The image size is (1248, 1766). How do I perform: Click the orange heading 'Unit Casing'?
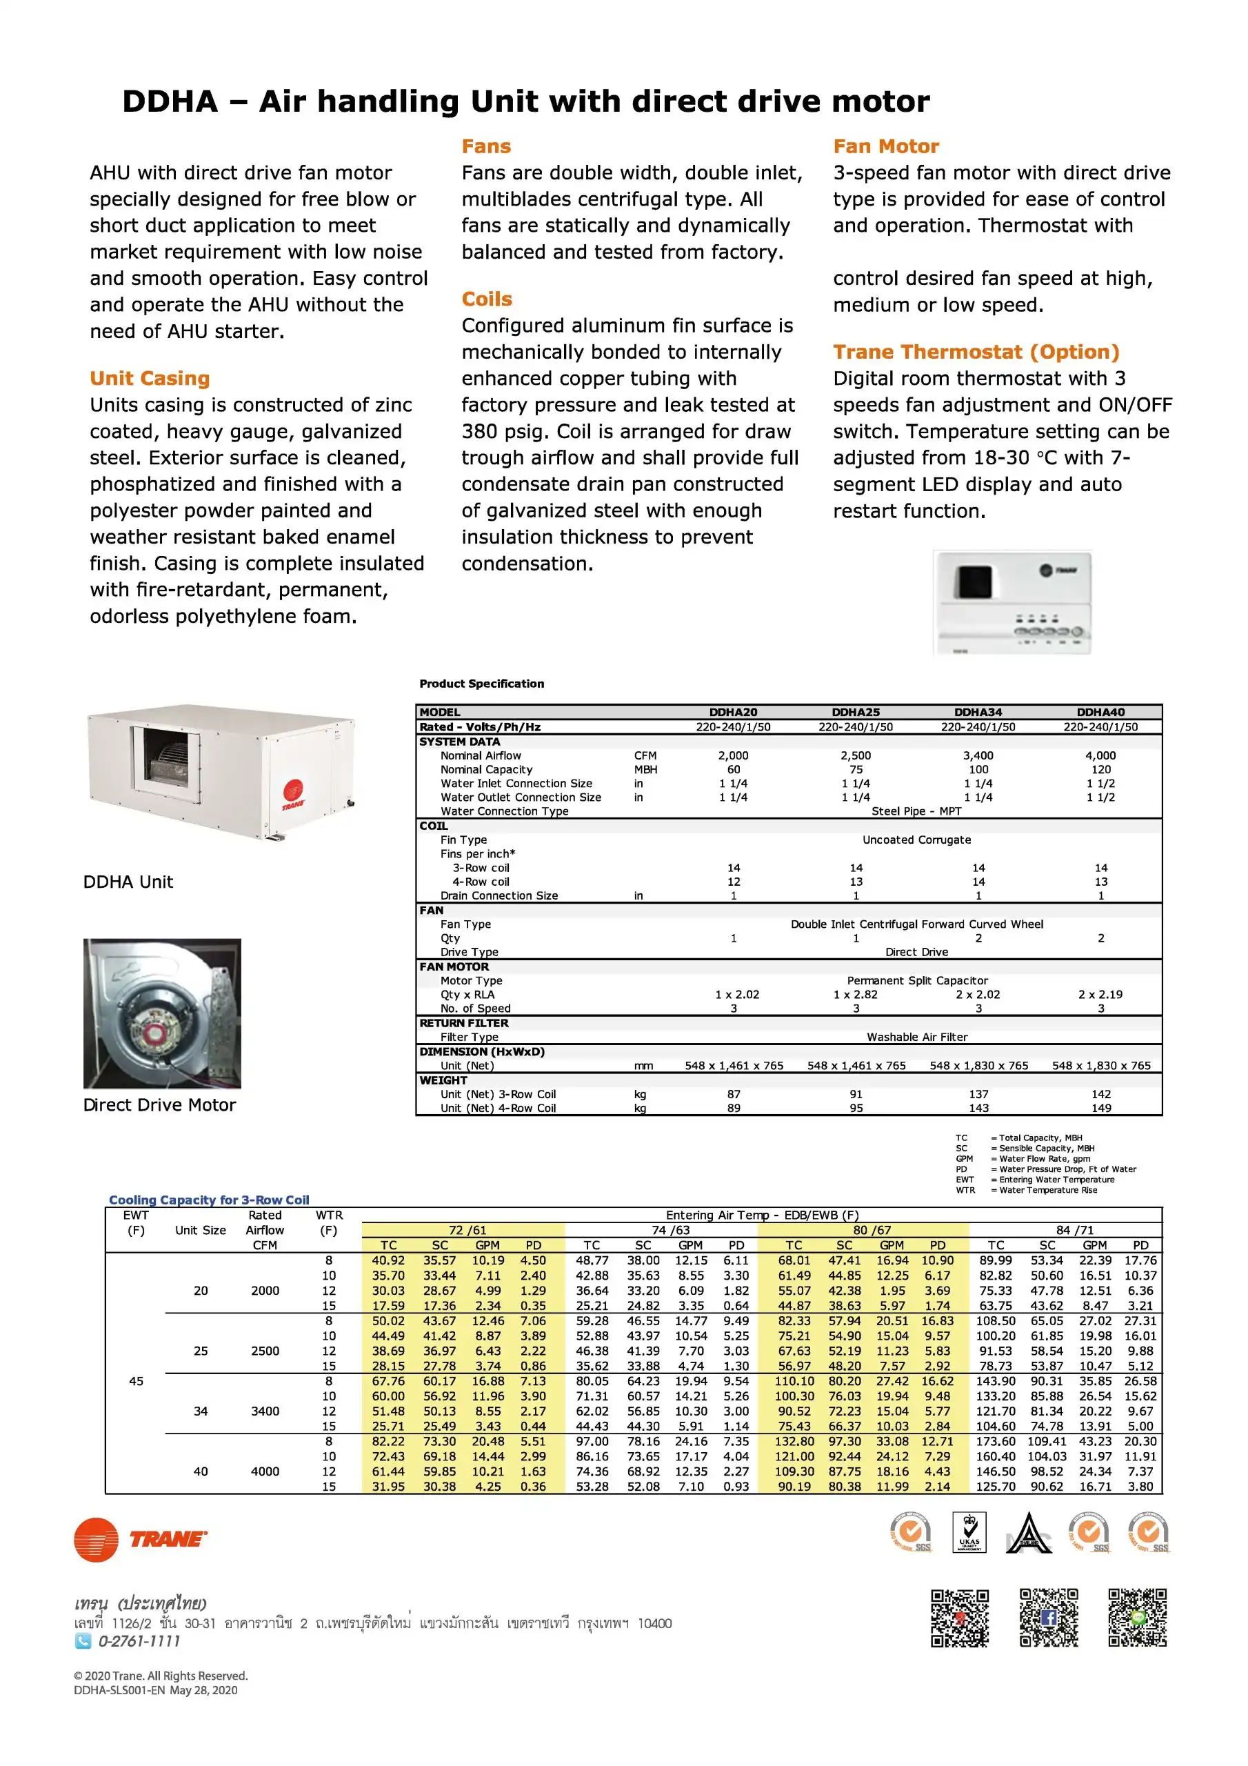150,379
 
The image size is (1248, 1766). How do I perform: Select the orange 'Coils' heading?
487,299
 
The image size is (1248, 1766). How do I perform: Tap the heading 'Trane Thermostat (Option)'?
976,353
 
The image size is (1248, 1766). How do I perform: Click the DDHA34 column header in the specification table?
978,712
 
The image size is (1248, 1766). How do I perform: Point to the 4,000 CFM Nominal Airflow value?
1100,756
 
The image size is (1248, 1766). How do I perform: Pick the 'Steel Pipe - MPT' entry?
916,811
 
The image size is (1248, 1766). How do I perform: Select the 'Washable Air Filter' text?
916,1038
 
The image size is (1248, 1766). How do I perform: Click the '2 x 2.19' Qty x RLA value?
1100,995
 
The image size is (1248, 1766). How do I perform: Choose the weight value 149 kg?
1101,1109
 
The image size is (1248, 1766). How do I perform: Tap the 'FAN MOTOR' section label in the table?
454,967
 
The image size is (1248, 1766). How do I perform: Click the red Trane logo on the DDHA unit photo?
294,793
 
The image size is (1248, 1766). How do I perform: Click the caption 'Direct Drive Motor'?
159,1105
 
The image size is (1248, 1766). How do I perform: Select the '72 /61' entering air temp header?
467,1230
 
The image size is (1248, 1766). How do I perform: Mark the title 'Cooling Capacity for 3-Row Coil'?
209,1200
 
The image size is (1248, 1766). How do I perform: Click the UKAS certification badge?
969,1533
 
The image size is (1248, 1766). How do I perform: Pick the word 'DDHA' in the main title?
170,101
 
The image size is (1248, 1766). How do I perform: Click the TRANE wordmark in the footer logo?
168,1539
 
